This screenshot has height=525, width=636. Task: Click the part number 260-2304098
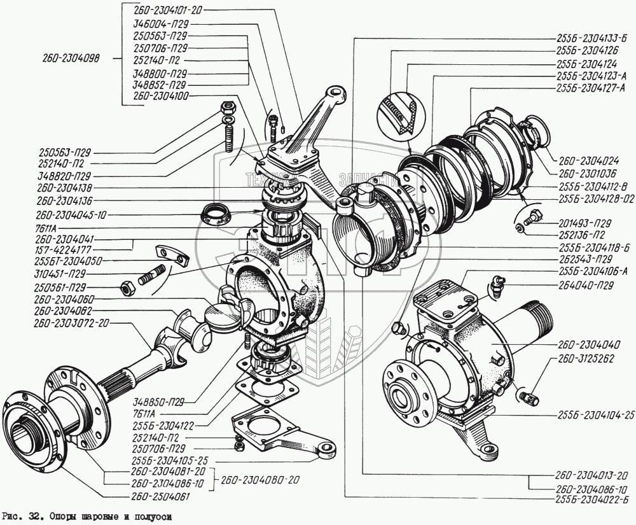pyautogui.click(x=71, y=59)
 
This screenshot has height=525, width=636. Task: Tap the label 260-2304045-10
pyautogui.click(x=68, y=215)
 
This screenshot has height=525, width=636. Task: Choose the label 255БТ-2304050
pyautogui.click(x=68, y=260)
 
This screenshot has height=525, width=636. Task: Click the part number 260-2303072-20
pyautogui.click(x=72, y=323)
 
